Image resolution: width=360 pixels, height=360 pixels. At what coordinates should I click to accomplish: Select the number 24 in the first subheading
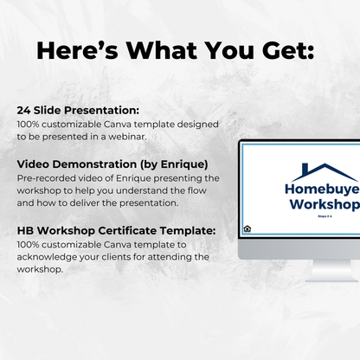tap(23, 111)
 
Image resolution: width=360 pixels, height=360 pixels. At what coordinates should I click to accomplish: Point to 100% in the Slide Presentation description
tap(29, 124)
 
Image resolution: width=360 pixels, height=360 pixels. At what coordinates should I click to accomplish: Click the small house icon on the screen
tap(247, 228)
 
